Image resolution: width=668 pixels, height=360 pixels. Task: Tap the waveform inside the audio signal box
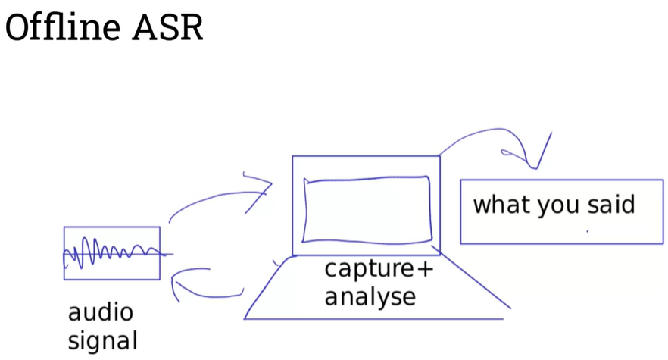111,252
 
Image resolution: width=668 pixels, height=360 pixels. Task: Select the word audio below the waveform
100,312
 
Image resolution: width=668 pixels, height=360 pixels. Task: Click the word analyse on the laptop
370,296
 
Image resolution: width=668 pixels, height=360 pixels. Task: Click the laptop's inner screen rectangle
367,209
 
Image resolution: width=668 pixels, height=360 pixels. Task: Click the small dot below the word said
587,230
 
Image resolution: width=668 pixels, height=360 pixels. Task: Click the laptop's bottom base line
371,318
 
